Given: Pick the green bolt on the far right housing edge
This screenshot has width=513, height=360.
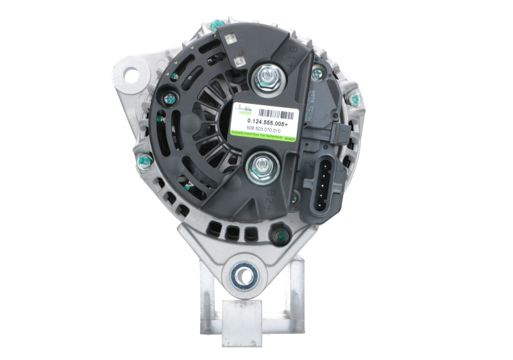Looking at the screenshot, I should (x=352, y=98).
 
